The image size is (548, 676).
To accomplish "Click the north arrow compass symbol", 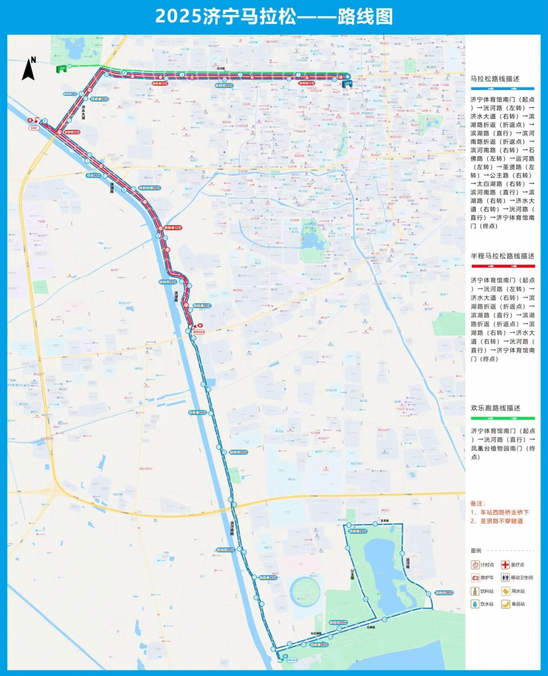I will [28, 69].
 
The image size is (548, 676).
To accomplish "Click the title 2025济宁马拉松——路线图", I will [273, 16].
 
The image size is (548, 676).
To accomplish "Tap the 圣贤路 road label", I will [384, 520].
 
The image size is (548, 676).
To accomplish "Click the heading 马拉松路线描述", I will [495, 79].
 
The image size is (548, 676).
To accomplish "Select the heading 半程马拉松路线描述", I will [502, 256].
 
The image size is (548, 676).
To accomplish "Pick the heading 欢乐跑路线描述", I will [495, 408].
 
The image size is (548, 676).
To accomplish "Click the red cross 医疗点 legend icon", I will [505, 565].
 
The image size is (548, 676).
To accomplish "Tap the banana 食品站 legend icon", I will [505, 604].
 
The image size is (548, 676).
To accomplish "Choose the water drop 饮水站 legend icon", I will [475, 604].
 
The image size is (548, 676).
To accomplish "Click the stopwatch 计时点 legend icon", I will [475, 565].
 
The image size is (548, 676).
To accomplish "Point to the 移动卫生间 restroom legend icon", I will [505, 578].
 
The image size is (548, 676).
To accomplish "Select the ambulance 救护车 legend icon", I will [475, 578].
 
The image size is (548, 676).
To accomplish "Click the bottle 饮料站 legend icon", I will [475, 591].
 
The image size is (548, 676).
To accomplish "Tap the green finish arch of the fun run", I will [61, 69].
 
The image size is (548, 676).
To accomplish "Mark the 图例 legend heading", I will [476, 551].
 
